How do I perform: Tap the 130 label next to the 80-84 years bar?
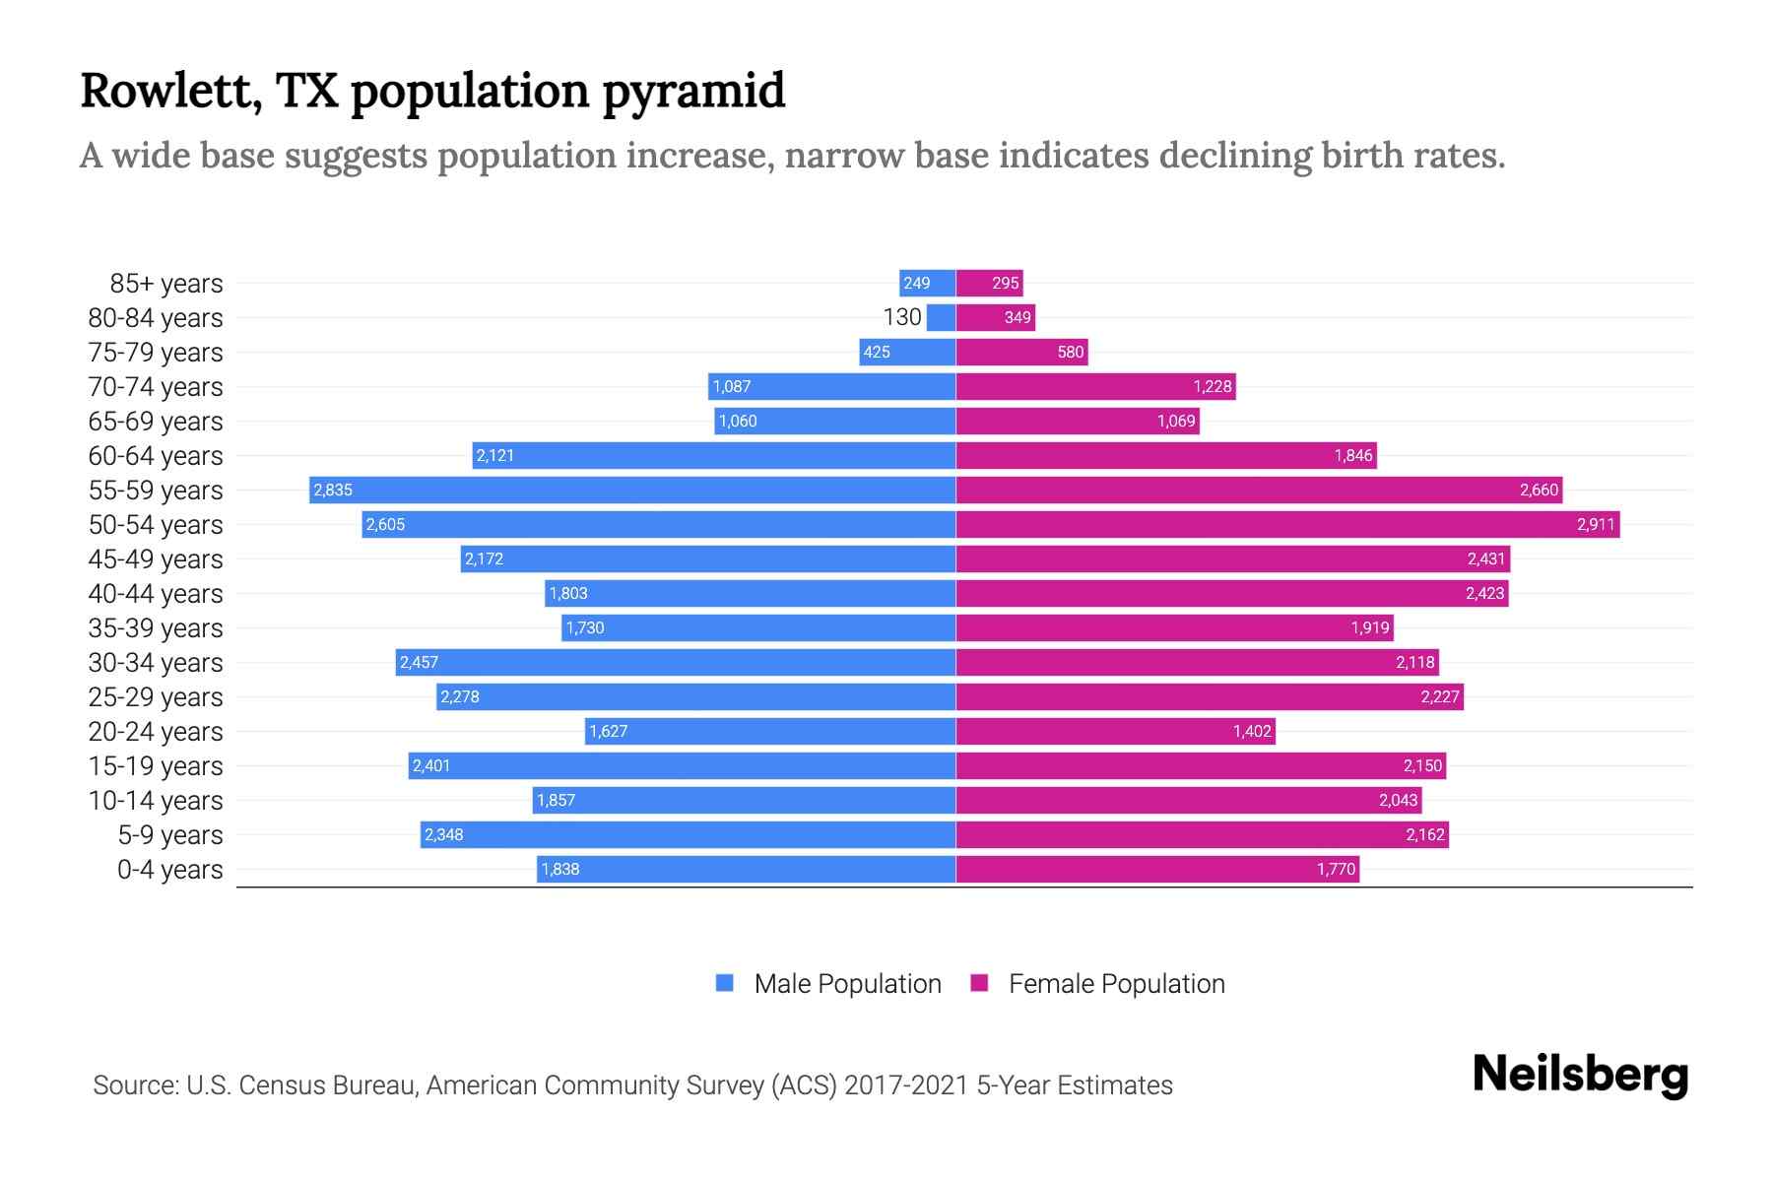pyautogui.click(x=902, y=317)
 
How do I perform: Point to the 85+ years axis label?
pyautogui.click(x=165, y=284)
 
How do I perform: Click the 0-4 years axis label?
pyautogui.click(x=169, y=870)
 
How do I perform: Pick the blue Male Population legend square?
pyautogui.click(x=725, y=983)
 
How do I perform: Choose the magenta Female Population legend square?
pyautogui.click(x=979, y=983)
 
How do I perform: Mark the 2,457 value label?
pyautogui.click(x=419, y=662)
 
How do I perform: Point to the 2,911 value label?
pyautogui.click(x=1596, y=524)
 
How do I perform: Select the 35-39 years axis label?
pyautogui.click(x=156, y=628)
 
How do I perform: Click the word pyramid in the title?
pyautogui.click(x=692, y=93)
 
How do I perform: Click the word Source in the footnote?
pyautogui.click(x=134, y=1085)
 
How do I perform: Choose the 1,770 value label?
pyautogui.click(x=1336, y=869)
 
